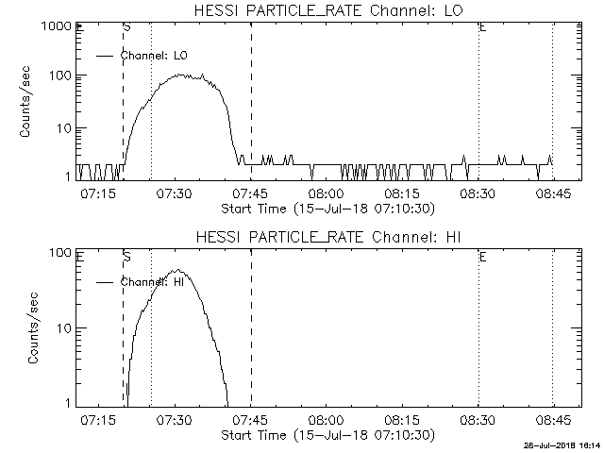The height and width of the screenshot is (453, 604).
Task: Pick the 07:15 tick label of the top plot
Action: click(98, 193)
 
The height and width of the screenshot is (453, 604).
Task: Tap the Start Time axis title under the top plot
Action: click(326, 208)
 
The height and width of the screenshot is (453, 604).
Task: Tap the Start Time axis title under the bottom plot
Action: click(326, 434)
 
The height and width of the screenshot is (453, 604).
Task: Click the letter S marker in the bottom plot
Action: click(127, 256)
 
